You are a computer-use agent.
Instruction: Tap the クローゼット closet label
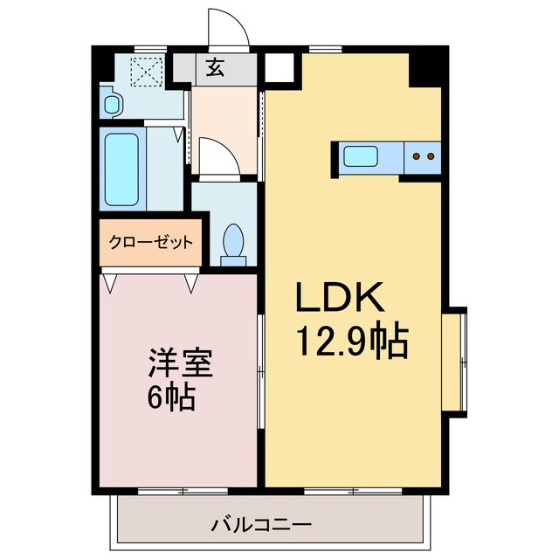(151, 243)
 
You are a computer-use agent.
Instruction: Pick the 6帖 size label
(170, 398)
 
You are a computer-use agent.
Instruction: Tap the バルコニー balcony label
(260, 526)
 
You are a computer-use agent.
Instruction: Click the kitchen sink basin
(360, 157)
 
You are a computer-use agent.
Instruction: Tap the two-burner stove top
(424, 156)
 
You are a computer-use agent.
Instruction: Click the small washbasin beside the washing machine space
(111, 104)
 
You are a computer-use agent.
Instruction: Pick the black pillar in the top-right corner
(426, 67)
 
